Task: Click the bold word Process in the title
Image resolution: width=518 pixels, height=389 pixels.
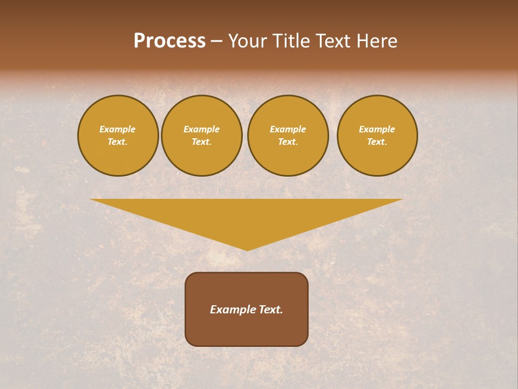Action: click(169, 41)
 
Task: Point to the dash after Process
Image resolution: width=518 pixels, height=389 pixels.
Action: click(217, 42)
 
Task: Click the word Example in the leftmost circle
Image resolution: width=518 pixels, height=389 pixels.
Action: click(118, 129)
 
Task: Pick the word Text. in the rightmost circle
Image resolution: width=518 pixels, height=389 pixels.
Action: click(377, 142)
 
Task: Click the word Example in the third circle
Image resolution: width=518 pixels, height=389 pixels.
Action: click(288, 129)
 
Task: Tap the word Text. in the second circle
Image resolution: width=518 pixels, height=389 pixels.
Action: click(202, 142)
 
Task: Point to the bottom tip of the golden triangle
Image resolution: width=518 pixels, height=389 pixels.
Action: click(248, 249)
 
